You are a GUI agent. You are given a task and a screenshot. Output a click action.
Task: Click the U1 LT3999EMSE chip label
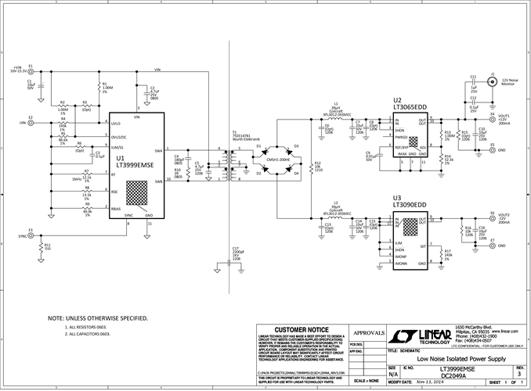(135, 162)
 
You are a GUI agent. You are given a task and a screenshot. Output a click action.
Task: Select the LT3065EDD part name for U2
(410, 106)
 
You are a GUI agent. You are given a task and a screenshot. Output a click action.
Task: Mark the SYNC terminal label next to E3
(21, 235)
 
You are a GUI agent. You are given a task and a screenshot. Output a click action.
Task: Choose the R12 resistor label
(317, 164)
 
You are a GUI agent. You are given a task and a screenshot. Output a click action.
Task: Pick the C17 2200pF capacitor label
(236, 250)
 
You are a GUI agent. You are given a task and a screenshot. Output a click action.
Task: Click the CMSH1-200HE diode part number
(278, 160)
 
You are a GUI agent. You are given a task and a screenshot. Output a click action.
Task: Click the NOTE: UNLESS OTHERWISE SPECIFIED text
(97, 318)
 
